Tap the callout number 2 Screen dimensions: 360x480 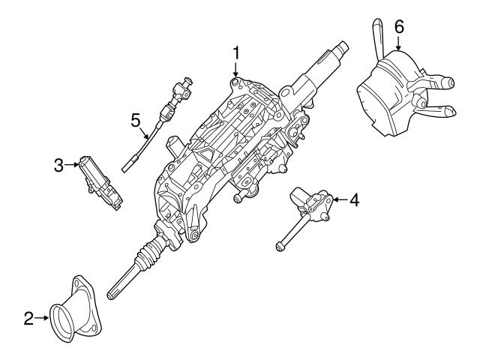click(x=28, y=319)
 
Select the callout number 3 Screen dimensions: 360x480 click(x=58, y=165)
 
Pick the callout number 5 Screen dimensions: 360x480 click(x=135, y=119)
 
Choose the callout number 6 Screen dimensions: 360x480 click(x=398, y=26)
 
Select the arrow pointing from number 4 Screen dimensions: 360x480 click(x=340, y=199)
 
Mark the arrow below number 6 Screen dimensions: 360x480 click(x=398, y=43)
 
